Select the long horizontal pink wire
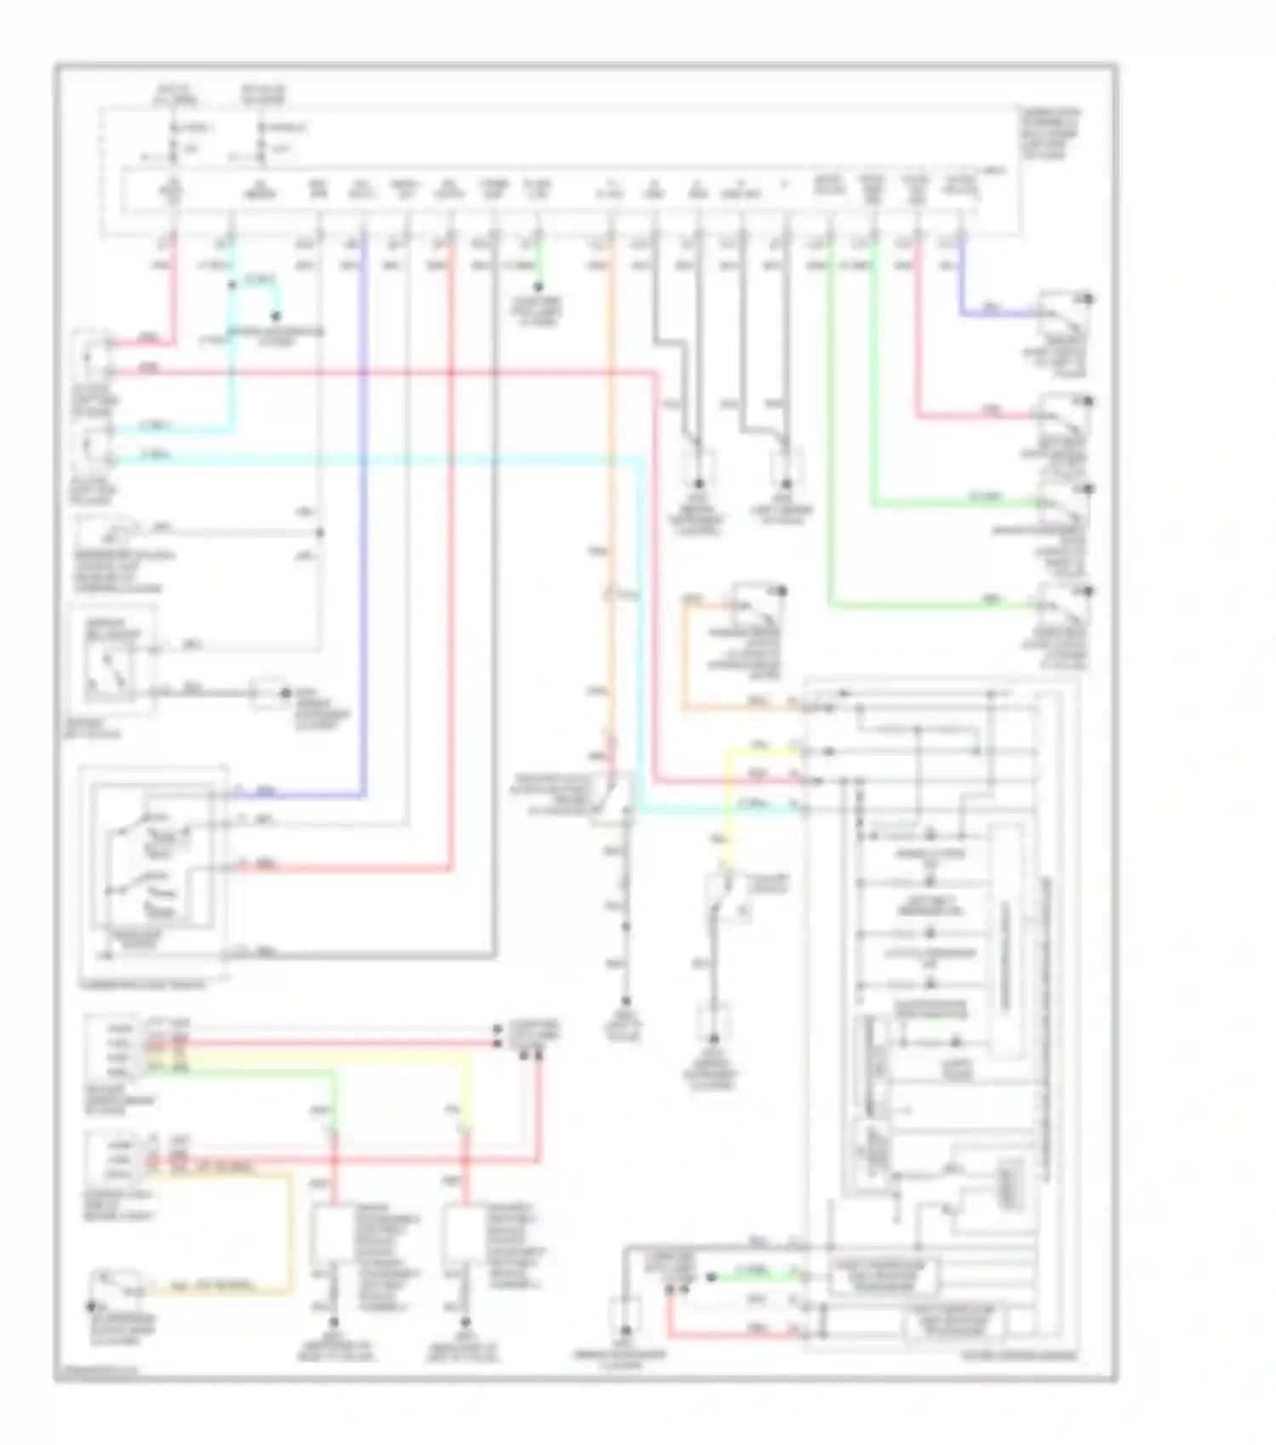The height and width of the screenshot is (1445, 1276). pyautogui.click(x=383, y=372)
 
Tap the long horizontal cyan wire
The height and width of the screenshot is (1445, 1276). pyautogui.click(x=383, y=460)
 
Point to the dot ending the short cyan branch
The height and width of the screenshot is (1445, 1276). pyautogui.click(x=275, y=316)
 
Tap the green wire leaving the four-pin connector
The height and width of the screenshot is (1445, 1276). pyautogui.click(x=255, y=1071)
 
